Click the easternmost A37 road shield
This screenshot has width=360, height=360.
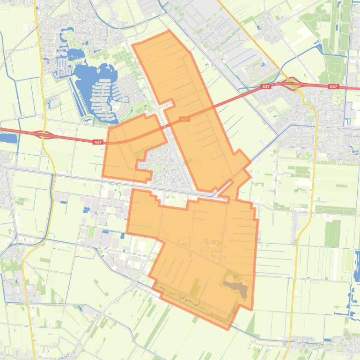point(333,87)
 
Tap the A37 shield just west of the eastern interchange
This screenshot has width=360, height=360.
point(266,87)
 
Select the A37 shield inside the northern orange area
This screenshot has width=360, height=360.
point(185,119)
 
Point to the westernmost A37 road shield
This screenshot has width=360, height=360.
point(97,142)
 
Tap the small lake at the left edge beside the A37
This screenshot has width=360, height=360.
point(8,138)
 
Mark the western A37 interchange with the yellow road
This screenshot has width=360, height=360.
point(44,135)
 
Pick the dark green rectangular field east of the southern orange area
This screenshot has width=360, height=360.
point(332,233)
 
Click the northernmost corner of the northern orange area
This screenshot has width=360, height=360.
point(169,31)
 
